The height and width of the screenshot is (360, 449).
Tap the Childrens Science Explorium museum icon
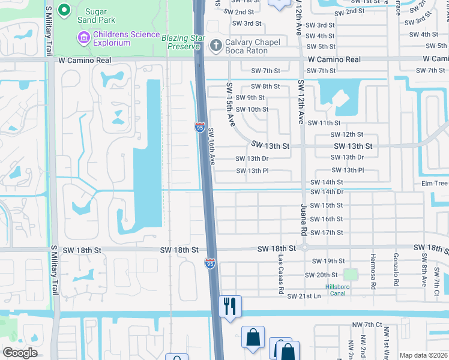tap(83, 38)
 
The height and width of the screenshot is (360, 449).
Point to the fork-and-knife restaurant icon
tap(230, 306)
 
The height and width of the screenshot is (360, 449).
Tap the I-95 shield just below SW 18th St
tap(210, 264)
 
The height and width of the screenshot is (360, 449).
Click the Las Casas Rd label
tap(281, 272)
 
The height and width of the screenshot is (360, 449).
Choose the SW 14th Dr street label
tap(327, 192)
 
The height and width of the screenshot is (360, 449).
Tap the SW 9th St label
tap(250, 98)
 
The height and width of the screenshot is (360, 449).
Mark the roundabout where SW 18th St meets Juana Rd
tap(304, 247)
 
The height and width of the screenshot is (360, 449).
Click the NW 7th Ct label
tap(367, 325)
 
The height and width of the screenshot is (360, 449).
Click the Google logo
tap(20, 353)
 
